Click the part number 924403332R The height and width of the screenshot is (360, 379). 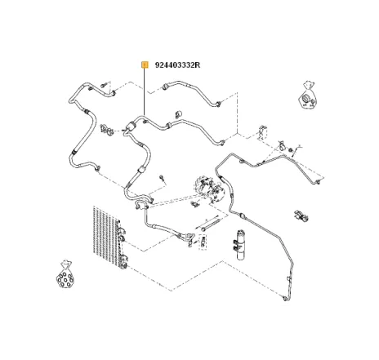177,65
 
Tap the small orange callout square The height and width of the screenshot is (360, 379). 145,64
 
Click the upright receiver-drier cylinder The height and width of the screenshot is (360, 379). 239,245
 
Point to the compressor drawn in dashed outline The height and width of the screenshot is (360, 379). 209,189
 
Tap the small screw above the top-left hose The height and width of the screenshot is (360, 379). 104,85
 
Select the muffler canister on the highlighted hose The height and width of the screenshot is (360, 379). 132,126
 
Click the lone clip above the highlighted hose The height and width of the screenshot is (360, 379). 178,114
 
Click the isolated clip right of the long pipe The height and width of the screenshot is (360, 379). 301,216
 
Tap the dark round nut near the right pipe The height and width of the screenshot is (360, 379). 291,150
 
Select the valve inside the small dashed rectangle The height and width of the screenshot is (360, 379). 203,242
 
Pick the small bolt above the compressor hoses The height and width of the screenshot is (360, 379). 163,178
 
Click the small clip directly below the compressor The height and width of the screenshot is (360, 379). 195,203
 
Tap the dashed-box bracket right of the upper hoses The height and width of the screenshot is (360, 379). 263,133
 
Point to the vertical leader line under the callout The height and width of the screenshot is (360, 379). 145,91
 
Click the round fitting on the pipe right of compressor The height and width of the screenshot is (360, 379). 243,216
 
